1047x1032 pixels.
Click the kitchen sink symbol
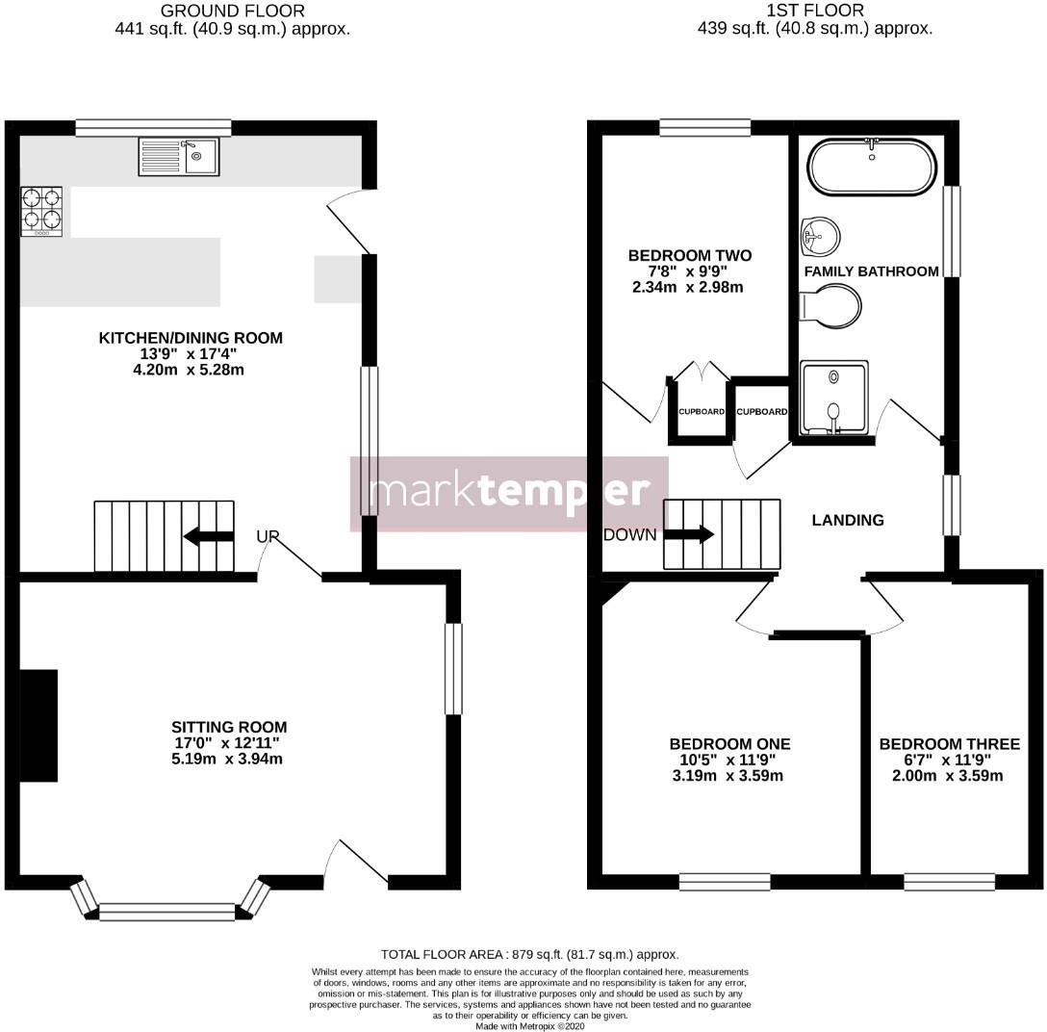click(178, 156)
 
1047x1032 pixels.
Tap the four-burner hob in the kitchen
click(41, 212)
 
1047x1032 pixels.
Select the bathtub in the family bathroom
click(872, 168)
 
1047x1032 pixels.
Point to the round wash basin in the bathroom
click(819, 233)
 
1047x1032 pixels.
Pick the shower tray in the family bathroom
click(834, 397)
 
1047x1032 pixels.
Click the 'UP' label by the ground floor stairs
click(268, 536)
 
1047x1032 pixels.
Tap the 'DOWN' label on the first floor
click(630, 535)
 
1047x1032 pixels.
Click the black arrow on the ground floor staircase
click(208, 536)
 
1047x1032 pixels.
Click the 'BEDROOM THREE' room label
click(949, 744)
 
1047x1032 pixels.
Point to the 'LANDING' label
click(848, 520)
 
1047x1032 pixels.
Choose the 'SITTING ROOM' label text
click(229, 727)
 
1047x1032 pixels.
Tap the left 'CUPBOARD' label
click(702, 412)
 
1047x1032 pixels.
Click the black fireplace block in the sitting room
click(38, 725)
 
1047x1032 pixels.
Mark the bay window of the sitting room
click(166, 910)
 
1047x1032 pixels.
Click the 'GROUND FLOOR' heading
click(232, 12)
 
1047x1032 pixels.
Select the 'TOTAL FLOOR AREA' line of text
click(529, 954)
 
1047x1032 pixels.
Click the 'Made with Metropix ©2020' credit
click(529, 1026)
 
